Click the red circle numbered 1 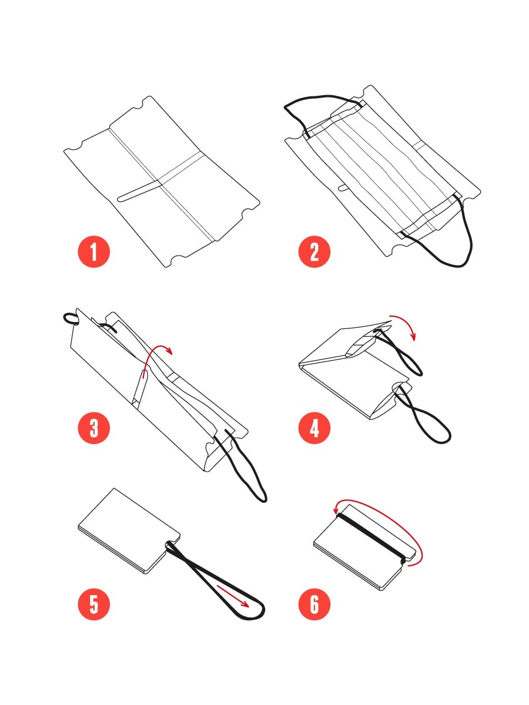click(94, 252)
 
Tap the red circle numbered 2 click(314, 252)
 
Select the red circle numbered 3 click(94, 428)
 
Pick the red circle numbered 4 click(314, 428)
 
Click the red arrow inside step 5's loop click(233, 596)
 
